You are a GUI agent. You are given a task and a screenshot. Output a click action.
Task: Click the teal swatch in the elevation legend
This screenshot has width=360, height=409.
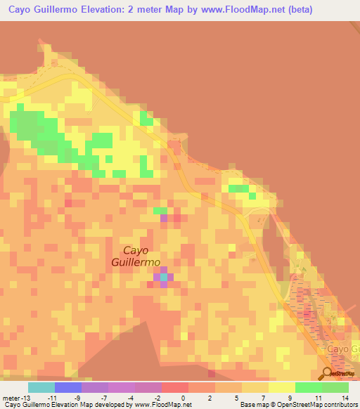pyautogui.click(x=41, y=387)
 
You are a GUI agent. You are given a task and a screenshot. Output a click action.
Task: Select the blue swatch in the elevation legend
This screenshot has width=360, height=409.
pyautogui.click(x=68, y=387)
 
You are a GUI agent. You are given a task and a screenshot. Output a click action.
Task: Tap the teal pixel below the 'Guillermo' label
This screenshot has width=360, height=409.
pyautogui.click(x=164, y=277)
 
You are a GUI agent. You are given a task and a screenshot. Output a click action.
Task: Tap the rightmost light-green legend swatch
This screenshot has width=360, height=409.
pyautogui.click(x=335, y=387)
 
